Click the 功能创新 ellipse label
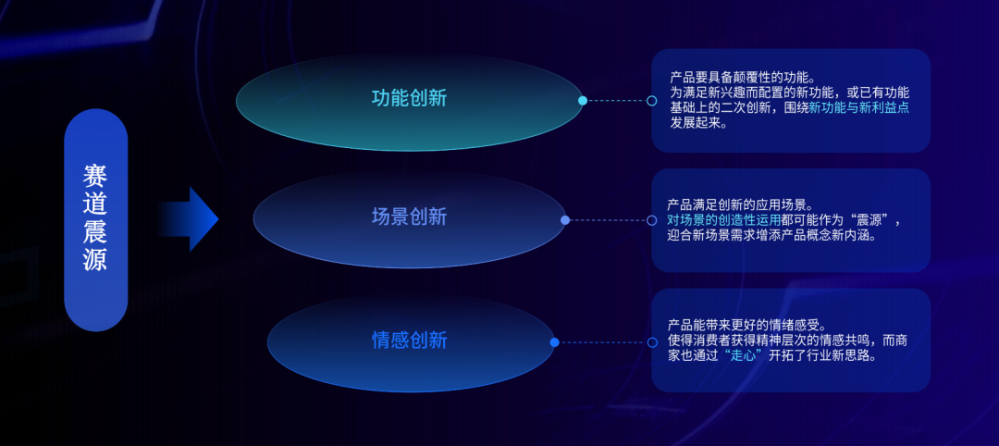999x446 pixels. tap(409, 98)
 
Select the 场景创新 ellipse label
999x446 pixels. tap(409, 217)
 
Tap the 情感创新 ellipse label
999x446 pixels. tap(410, 340)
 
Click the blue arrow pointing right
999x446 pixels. tap(188, 219)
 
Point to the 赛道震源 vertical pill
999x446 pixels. tap(95, 220)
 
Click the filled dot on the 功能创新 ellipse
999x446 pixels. tap(583, 101)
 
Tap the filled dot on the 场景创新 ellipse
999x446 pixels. tap(565, 220)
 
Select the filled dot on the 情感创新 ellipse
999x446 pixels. tap(554, 342)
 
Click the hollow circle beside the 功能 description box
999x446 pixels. tap(651, 101)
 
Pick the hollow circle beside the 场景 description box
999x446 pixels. tap(651, 220)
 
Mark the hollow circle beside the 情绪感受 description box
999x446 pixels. tap(652, 342)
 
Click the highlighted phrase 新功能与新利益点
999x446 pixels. tap(858, 107)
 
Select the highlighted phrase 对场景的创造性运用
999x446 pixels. tap(723, 220)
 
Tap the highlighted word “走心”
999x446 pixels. tap(744, 355)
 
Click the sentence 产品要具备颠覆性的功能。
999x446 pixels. tap(742, 78)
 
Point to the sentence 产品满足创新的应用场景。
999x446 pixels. tap(740, 205)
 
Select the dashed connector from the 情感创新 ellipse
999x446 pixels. tap(603, 342)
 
